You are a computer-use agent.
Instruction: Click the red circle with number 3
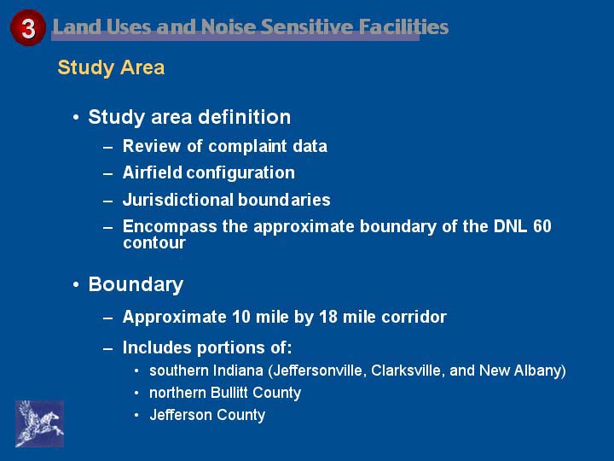pos(28,28)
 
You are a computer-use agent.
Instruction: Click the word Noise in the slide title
pos(229,27)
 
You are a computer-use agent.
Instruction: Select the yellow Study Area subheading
pos(111,67)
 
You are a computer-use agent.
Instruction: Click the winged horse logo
pos(39,423)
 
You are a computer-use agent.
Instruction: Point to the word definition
pos(245,117)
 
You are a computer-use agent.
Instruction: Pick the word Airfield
pos(153,172)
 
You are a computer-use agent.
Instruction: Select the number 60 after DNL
pos(542,226)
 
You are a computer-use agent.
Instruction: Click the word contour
pos(153,243)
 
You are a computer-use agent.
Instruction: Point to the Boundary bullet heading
pos(136,284)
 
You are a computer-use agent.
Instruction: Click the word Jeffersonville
pos(321,371)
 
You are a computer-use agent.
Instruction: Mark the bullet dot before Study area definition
pos(76,117)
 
